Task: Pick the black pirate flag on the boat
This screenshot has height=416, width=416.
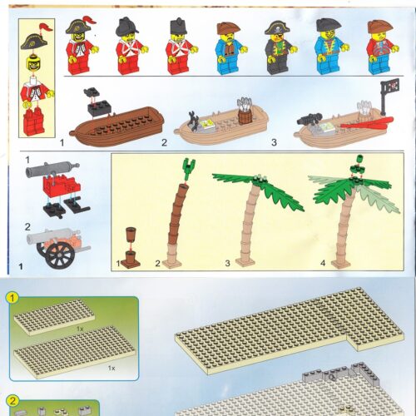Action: [387, 88]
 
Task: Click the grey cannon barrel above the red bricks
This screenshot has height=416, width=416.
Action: [50, 171]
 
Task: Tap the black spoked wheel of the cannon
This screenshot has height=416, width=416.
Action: [59, 255]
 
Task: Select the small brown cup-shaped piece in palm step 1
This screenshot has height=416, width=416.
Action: [130, 234]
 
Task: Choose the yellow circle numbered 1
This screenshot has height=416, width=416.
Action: [12, 295]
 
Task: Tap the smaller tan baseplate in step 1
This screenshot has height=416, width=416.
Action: [54, 316]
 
